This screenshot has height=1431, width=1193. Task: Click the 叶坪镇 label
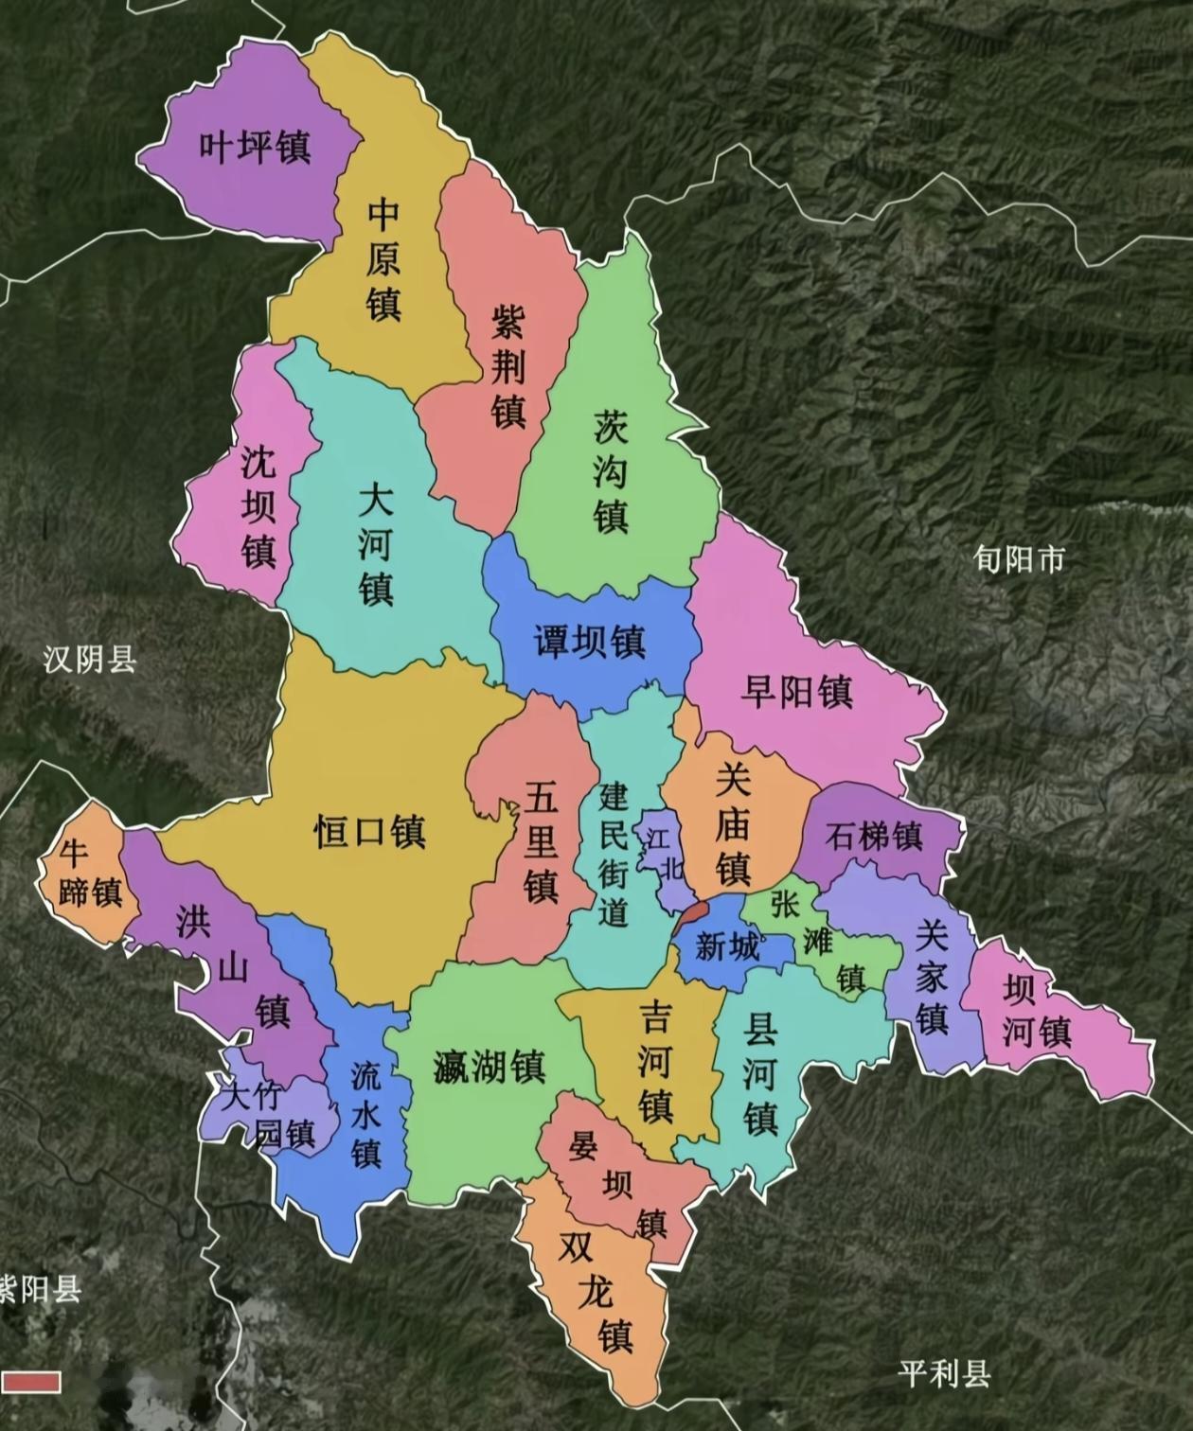click(255, 148)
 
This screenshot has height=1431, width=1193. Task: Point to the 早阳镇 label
click(796, 691)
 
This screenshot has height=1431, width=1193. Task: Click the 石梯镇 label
click(874, 836)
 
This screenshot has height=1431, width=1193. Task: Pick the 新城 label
click(727, 945)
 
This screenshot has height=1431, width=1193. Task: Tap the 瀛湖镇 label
click(489, 1068)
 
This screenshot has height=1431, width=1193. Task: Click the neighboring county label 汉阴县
click(90, 660)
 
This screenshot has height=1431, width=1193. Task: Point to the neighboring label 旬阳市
click(1019, 559)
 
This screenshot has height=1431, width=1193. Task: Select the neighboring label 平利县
click(944, 1372)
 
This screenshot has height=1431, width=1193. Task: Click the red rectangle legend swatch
click(30, 1382)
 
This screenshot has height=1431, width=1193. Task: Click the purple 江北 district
click(663, 852)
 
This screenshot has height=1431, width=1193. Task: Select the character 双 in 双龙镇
click(575, 1247)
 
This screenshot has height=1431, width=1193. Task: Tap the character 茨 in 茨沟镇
click(611, 427)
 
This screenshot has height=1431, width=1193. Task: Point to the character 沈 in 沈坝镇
click(257, 462)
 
